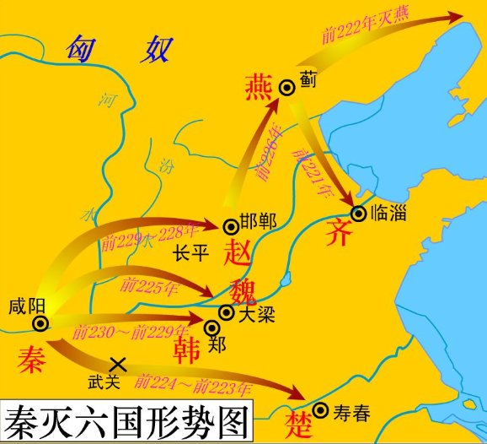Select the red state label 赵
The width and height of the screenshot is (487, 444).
pyautogui.click(x=240, y=252)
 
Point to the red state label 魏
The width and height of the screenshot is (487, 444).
pyautogui.click(x=241, y=287)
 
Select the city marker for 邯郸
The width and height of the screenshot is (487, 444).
pyautogui.click(x=230, y=225)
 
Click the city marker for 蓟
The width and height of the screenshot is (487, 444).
pyautogui.click(x=286, y=85)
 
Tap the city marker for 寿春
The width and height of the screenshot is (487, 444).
pyautogui.click(x=320, y=411)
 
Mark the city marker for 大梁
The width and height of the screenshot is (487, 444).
pyautogui.click(x=226, y=313)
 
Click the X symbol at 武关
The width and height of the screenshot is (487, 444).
pyautogui.click(x=119, y=364)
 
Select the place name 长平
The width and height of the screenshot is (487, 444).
pyautogui.click(x=190, y=252)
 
